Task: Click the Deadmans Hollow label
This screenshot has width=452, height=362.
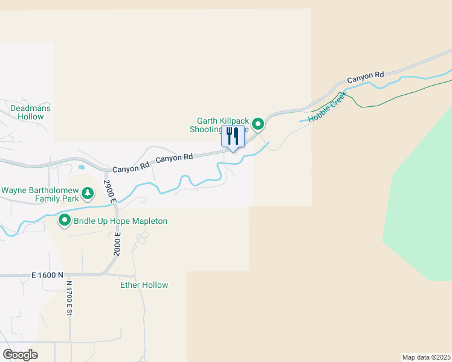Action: (31, 112)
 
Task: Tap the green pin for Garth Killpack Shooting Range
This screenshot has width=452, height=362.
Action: (258, 124)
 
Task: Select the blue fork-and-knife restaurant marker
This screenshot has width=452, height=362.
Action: (233, 136)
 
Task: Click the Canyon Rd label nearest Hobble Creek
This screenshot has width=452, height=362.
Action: (366, 77)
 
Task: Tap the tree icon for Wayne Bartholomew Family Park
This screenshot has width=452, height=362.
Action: (88, 194)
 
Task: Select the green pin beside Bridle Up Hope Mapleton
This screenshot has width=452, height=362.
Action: (65, 221)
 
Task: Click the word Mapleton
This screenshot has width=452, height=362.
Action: (148, 221)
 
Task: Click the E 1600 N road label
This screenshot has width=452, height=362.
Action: (48, 275)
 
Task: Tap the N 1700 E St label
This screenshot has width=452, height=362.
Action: (69, 299)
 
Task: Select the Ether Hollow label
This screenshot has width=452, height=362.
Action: (144, 285)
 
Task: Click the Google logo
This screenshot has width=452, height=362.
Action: (19, 355)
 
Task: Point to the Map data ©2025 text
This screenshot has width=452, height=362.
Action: (426, 357)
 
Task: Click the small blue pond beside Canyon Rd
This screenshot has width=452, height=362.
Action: (82, 167)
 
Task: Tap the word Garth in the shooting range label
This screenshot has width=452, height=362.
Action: (207, 121)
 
